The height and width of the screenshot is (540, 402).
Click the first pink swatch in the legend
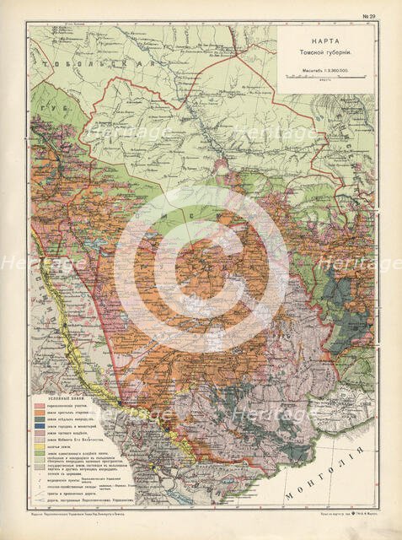point(40,408)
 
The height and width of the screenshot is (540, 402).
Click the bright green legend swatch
point(40,462)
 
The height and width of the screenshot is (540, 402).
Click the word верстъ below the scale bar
point(324,84)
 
